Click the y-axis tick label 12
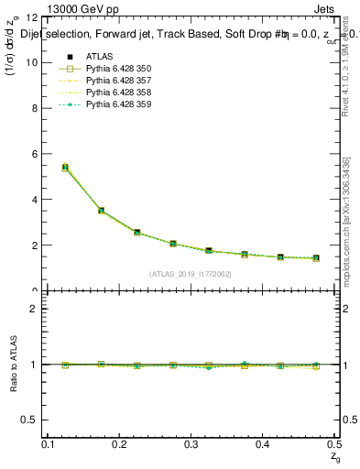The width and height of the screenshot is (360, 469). point(32,17)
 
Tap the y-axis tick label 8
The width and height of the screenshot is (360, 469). point(35,108)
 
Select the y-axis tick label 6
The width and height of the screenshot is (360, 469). point(35,154)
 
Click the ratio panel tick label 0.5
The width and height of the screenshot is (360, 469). point(30,420)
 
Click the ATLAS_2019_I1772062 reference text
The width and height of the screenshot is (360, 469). point(191,273)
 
